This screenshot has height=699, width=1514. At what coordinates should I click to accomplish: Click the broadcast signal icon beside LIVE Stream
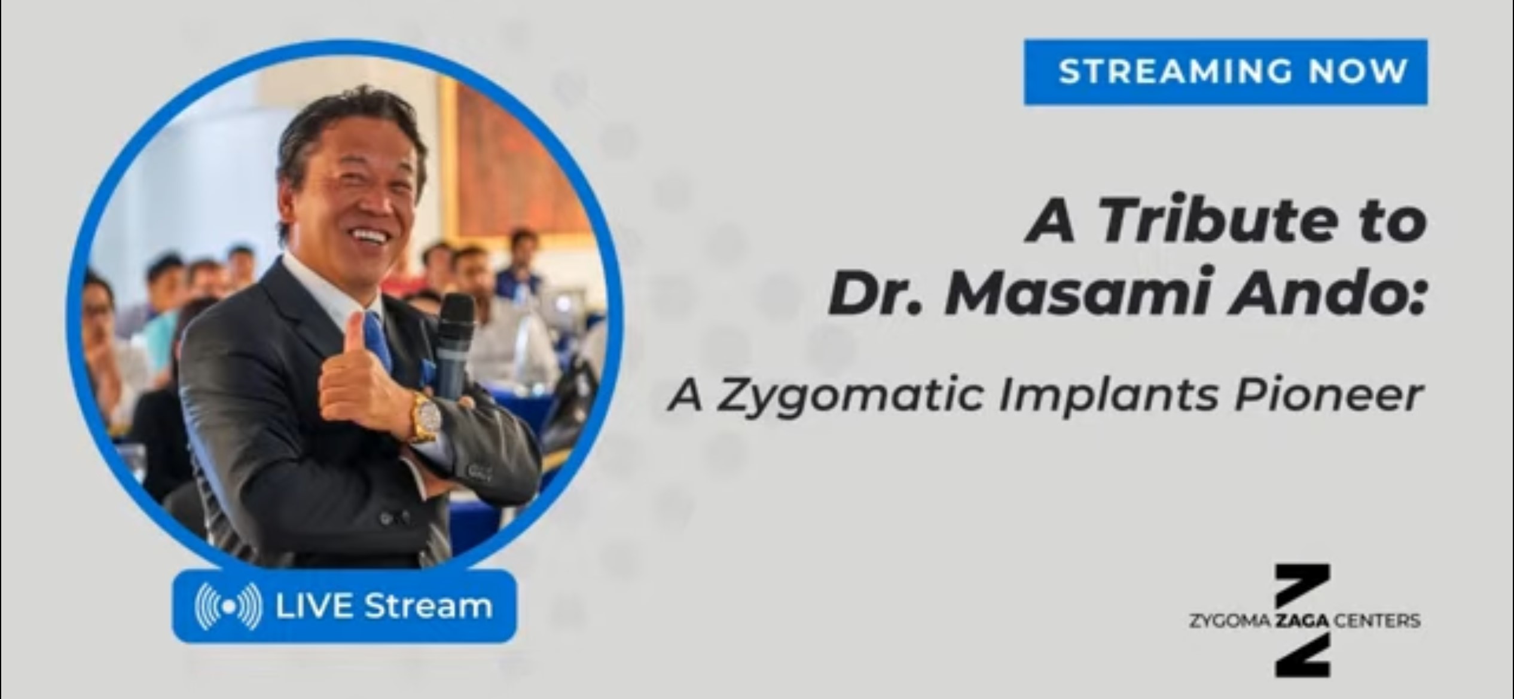[x=228, y=606]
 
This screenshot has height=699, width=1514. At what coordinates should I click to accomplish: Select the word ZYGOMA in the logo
[x=1230, y=621]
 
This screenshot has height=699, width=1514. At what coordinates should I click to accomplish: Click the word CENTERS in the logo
[x=1377, y=621]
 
